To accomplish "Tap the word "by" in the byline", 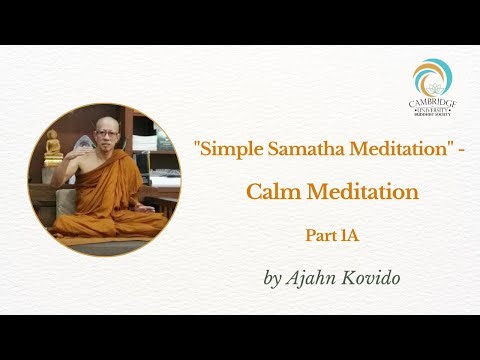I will point(272,279).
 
